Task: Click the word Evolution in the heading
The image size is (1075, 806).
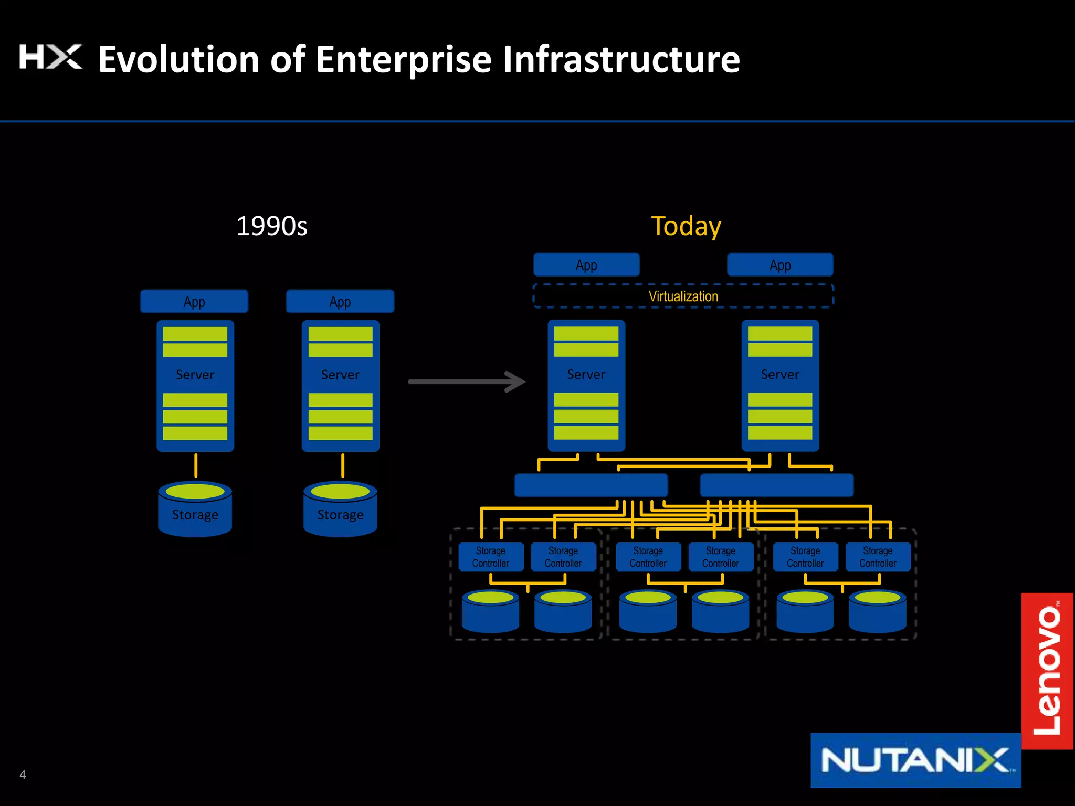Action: tap(178, 59)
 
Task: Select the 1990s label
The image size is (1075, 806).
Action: tap(271, 226)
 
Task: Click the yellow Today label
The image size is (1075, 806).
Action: tap(686, 226)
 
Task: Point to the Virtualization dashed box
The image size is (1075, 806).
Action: tap(682, 296)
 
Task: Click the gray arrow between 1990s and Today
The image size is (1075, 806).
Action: tap(466, 381)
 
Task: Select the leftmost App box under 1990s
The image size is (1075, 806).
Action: tap(194, 302)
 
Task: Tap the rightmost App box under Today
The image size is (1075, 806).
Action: tap(780, 265)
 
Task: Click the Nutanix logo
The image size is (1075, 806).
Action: tap(915, 760)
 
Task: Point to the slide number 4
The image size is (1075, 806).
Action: tap(23, 775)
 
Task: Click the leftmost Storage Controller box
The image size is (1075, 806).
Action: tap(490, 557)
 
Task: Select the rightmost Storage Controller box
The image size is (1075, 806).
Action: tap(878, 557)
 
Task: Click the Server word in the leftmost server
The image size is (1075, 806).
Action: tap(195, 375)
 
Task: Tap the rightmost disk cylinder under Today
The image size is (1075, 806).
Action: tap(878, 612)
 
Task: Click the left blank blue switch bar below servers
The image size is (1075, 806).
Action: tap(591, 485)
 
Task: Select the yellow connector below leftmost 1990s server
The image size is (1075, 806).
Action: tap(196, 465)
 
